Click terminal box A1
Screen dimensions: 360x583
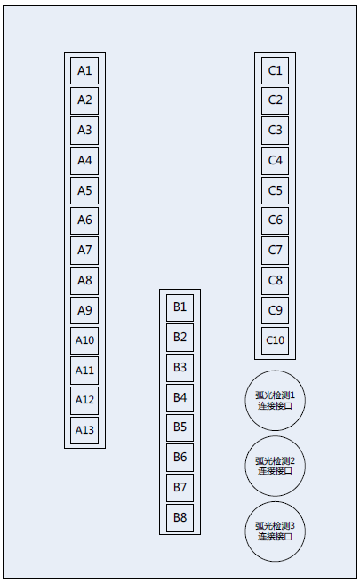[x=84, y=70]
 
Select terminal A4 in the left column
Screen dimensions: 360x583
[x=84, y=161]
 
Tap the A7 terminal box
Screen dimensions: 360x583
[x=84, y=251]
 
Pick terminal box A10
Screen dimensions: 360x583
[x=84, y=340]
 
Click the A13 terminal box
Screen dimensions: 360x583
[x=84, y=430]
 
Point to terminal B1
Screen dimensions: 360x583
[x=180, y=307]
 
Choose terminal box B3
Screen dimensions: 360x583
[x=180, y=368]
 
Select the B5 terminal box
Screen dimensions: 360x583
[x=180, y=427]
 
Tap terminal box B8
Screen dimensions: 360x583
[x=180, y=517]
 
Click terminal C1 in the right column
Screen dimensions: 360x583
[x=276, y=70]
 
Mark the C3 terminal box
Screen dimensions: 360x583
[x=276, y=131]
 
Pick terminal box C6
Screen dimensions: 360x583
[x=276, y=220]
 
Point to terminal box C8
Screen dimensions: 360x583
[x=276, y=280]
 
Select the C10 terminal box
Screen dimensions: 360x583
[x=276, y=340]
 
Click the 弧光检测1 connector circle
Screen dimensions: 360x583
[x=276, y=401]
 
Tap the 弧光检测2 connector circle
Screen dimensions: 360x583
[x=276, y=466]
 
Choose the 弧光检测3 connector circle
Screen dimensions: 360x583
[x=276, y=531]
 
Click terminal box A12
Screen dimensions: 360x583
[x=84, y=400]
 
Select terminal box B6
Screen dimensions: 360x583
[x=180, y=458]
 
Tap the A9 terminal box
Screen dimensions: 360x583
[x=84, y=310]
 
